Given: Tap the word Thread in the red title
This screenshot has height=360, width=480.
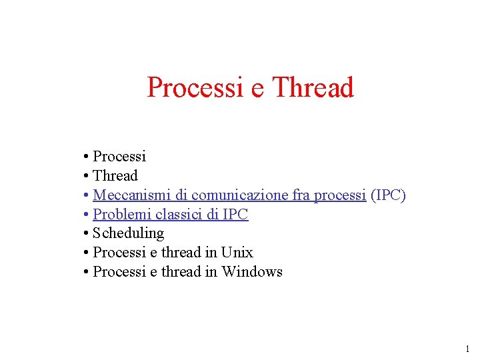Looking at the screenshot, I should [x=313, y=87].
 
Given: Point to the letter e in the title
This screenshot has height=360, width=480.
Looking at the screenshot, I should [x=257, y=89].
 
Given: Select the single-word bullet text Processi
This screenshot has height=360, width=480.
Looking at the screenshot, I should [x=119, y=157].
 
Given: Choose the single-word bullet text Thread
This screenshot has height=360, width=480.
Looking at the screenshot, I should [x=115, y=176].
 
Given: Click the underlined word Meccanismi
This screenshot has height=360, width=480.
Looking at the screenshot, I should [x=131, y=195].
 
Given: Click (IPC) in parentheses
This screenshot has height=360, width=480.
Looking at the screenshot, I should [x=389, y=195].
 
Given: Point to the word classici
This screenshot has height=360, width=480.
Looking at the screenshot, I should [x=178, y=215].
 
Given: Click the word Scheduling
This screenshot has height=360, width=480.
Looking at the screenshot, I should [x=128, y=233].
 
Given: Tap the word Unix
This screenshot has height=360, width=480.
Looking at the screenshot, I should [x=237, y=253].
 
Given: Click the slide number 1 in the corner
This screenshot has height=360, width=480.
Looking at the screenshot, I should [x=467, y=349].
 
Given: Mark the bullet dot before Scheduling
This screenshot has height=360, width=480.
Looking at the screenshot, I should [x=87, y=234].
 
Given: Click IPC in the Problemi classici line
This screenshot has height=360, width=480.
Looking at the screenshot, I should [x=234, y=215].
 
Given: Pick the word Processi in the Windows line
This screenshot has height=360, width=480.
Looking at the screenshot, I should [x=119, y=272].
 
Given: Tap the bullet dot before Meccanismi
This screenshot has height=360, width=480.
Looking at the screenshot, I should [x=87, y=196].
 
